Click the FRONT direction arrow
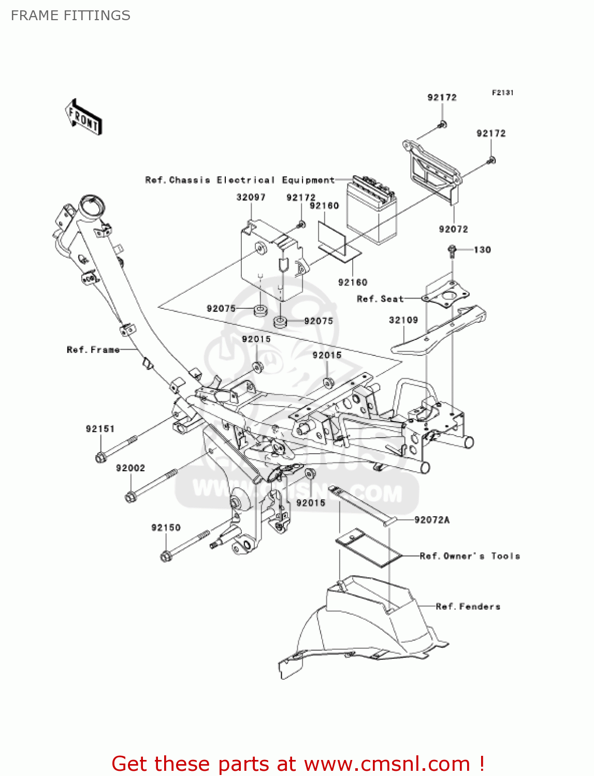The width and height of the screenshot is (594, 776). [83, 117]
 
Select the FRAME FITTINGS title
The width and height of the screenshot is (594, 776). [70, 16]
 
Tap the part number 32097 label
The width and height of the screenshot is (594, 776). [251, 197]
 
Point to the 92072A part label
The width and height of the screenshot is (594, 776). [432, 520]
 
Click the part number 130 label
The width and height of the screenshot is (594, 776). [482, 250]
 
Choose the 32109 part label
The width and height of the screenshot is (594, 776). [403, 320]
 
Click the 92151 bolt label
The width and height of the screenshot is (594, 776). [100, 429]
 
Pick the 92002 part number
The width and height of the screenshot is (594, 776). [131, 468]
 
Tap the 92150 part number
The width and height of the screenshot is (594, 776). [166, 528]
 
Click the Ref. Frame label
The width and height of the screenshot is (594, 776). [93, 350]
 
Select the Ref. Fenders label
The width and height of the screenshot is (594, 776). [468, 606]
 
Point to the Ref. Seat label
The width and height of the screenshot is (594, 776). [380, 299]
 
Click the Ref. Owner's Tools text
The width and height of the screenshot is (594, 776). [470, 556]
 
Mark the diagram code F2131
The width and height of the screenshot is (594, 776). [502, 93]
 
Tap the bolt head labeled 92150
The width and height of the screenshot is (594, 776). [166, 557]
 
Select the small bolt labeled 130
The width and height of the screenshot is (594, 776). [452, 251]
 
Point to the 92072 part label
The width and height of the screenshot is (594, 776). [453, 229]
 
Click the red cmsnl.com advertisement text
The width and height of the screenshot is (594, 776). [298, 764]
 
